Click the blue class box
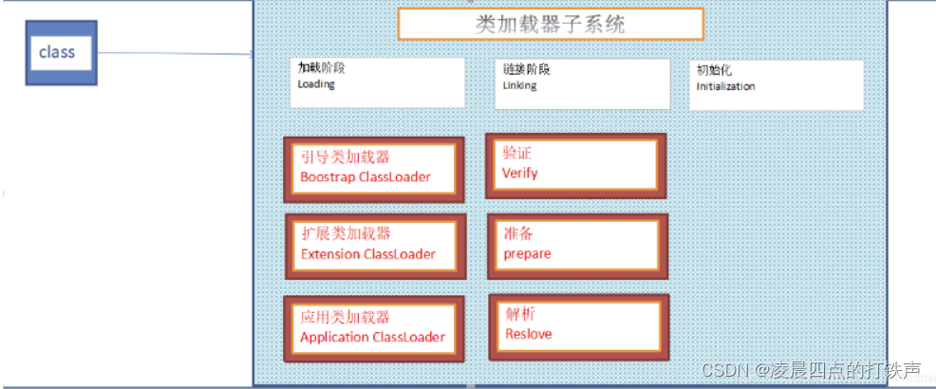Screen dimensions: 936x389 coord(61,53)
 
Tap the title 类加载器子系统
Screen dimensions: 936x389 coord(550,24)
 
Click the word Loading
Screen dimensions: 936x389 coord(316,84)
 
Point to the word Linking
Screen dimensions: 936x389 coord(519,85)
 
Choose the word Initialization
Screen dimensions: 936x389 coord(725,86)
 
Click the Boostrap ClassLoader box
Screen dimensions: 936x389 coord(375,169)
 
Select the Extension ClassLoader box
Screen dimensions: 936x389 coord(375,246)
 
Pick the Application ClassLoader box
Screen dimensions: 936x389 coord(375,328)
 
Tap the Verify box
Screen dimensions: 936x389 coord(575,165)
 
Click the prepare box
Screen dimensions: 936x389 coord(576,245)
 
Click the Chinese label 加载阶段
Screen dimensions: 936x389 coord(323,68)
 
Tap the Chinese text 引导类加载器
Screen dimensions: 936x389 coord(345,157)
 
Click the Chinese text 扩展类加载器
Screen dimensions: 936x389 coord(345,234)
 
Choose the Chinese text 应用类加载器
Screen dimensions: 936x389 coord(345,317)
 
